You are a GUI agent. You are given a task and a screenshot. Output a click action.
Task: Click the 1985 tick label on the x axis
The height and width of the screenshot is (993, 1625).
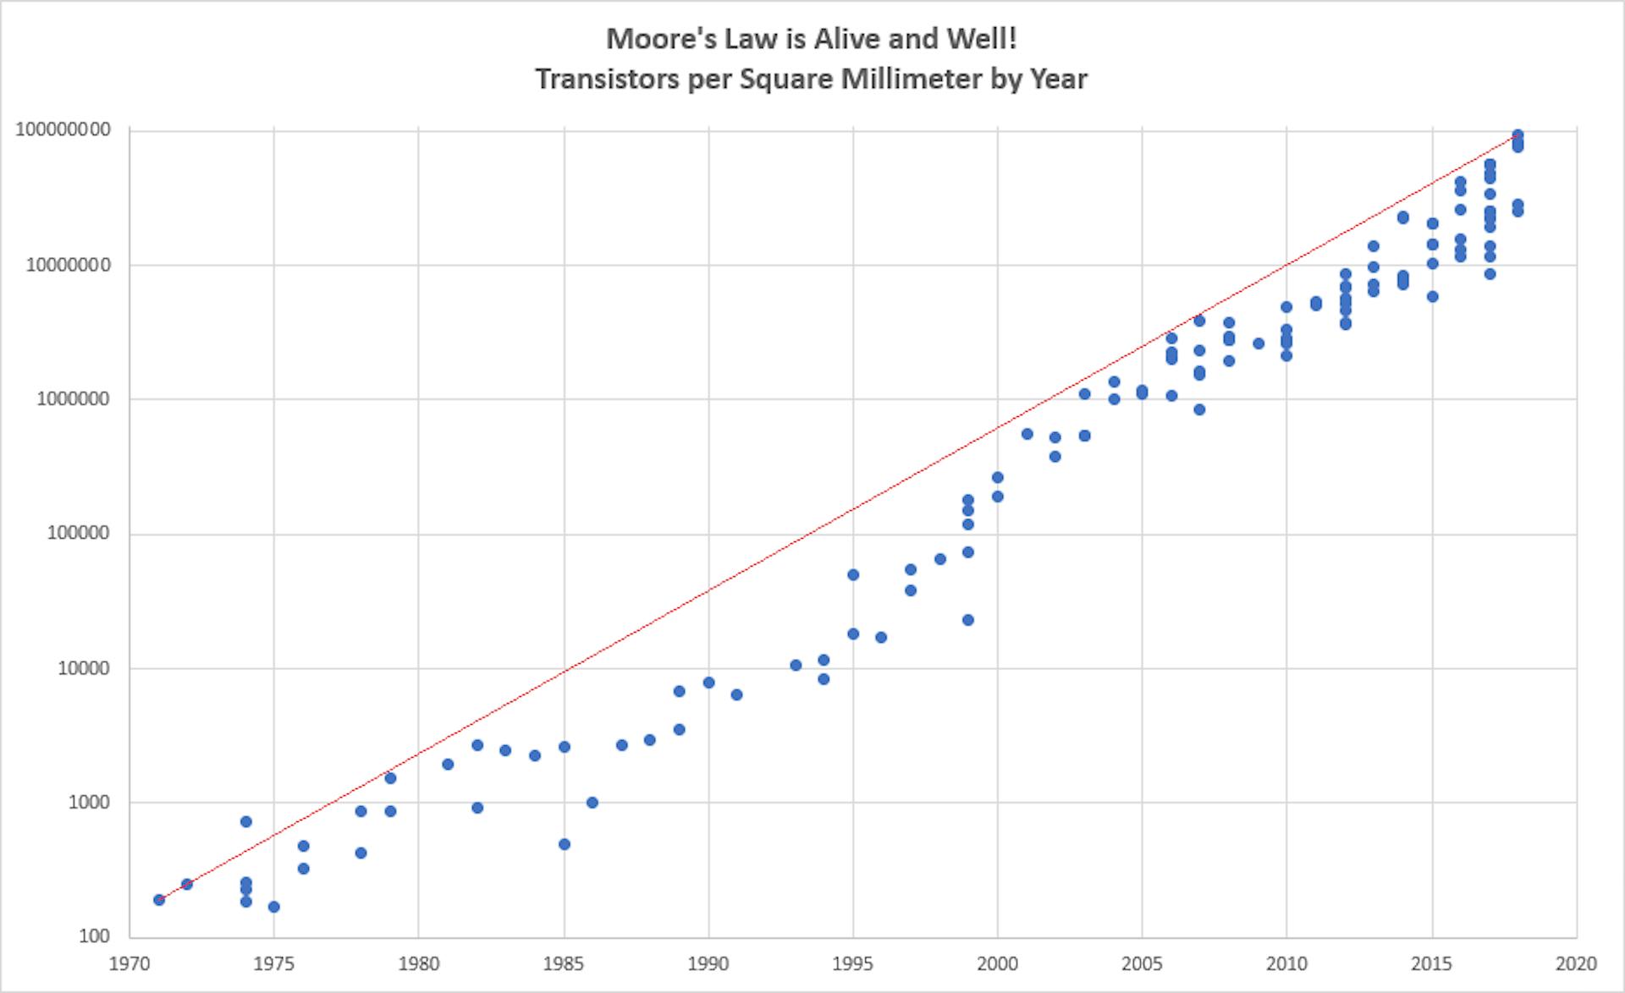564,963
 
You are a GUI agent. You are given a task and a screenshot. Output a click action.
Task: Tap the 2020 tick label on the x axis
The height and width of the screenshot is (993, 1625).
1576,963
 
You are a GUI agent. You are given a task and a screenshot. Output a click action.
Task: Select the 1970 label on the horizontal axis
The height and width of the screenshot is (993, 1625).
129,963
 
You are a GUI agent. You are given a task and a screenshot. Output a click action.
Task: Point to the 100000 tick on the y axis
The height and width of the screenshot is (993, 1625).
78,533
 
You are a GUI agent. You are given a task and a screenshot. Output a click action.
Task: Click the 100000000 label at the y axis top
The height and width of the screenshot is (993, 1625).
63,129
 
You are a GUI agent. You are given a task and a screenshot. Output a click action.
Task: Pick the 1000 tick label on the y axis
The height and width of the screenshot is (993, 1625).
89,802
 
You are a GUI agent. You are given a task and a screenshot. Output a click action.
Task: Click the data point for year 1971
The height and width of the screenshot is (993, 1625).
159,899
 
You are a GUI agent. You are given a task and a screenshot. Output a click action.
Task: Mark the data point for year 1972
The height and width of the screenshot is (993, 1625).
187,884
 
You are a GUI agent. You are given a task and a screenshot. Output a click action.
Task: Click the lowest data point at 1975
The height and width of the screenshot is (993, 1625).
274,907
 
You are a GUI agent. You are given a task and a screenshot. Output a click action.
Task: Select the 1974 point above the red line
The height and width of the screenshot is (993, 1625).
246,821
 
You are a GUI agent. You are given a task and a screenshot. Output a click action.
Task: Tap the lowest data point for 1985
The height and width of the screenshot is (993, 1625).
565,844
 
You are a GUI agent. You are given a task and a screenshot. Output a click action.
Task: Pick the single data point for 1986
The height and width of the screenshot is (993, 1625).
592,802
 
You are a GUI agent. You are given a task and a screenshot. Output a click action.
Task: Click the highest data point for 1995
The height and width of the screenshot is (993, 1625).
853,574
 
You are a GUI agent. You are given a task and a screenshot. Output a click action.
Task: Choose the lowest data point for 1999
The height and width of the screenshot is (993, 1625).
968,620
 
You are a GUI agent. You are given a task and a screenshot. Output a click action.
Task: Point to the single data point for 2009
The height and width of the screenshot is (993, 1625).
1259,343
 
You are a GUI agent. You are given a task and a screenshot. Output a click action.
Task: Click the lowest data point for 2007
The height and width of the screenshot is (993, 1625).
1199,409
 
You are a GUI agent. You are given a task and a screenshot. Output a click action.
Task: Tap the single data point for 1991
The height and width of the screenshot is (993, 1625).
736,694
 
